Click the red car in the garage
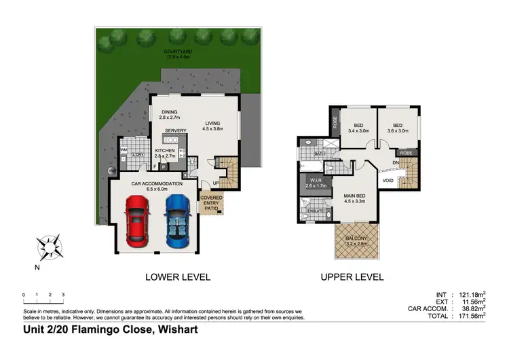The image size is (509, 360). pyautogui.click(x=138, y=220)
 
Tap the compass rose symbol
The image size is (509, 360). pyautogui.click(x=50, y=245)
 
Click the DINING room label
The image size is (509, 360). pyautogui.click(x=170, y=114)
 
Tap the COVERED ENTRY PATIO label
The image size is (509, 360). pyautogui.click(x=211, y=202)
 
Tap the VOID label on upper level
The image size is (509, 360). pyautogui.click(x=388, y=181)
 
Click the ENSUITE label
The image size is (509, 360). pyautogui.click(x=316, y=211)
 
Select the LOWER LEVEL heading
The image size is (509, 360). pyautogui.click(x=178, y=277)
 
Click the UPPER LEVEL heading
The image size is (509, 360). pyautogui.click(x=352, y=277)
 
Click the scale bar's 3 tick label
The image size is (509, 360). pyautogui.click(x=63, y=295)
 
